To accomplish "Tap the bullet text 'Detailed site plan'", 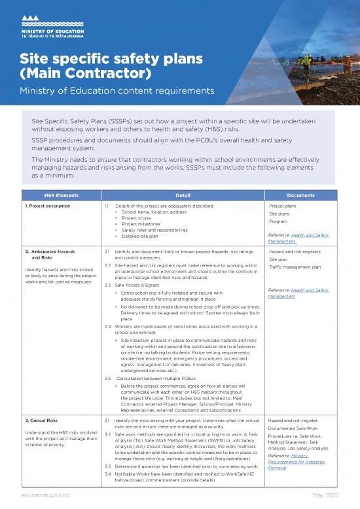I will [x=143, y=236].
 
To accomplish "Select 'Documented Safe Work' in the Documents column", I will [x=294, y=428].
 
